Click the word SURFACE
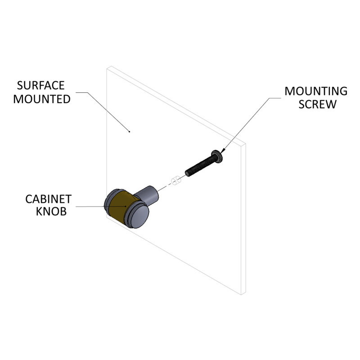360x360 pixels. pyautogui.click(x=40, y=85)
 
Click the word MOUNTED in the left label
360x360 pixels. pyautogui.click(x=42, y=99)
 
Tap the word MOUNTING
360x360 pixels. pyautogui.click(x=316, y=91)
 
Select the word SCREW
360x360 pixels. pyautogui.click(x=318, y=104)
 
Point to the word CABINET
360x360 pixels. pyautogui.click(x=49, y=199)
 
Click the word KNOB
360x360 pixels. pyautogui.click(x=51, y=211)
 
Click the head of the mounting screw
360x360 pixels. pyautogui.click(x=217, y=156)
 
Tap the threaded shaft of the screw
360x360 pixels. pyautogui.click(x=200, y=166)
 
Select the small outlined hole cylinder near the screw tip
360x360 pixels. pyautogui.click(x=176, y=180)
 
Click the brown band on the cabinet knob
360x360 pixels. pyautogui.click(x=122, y=207)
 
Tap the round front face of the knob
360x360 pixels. pyautogui.click(x=139, y=216)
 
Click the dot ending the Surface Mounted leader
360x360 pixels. pyautogui.click(x=129, y=131)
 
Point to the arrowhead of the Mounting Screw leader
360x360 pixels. pyautogui.click(x=222, y=151)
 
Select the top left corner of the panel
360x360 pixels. pyautogui.click(x=107, y=69)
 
